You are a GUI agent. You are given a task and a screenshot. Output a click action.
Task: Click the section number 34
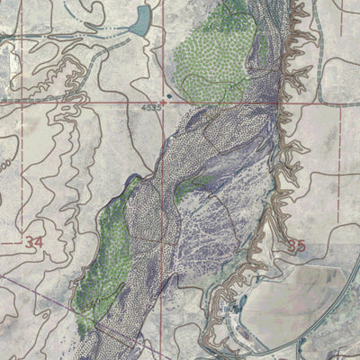35,242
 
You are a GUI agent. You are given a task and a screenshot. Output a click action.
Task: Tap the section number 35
297,245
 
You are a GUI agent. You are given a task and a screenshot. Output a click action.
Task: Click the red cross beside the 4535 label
165,102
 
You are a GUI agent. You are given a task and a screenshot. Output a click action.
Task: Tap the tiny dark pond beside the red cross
165,93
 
